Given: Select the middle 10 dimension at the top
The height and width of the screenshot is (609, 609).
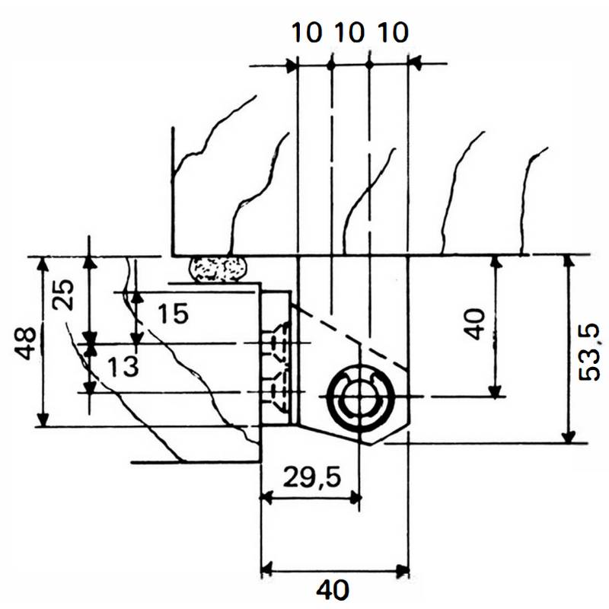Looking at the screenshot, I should [350, 33].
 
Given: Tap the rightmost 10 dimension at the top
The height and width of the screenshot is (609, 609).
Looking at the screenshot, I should [392, 33].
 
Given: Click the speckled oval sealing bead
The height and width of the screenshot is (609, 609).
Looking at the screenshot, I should [218, 269].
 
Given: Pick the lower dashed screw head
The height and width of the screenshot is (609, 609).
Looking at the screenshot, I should [277, 385].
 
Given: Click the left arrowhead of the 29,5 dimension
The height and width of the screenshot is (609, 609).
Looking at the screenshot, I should [266, 498].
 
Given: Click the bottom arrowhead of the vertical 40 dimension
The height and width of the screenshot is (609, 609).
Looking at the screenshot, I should [496, 391].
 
